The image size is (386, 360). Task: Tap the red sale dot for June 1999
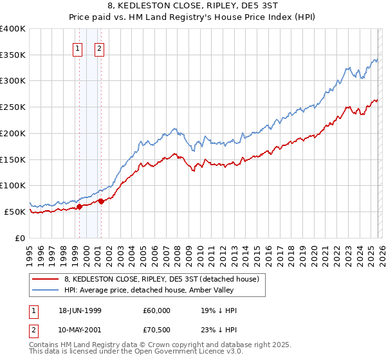[79, 206]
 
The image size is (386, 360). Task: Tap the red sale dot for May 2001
[101, 201]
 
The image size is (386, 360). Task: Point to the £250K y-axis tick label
[13, 107]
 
